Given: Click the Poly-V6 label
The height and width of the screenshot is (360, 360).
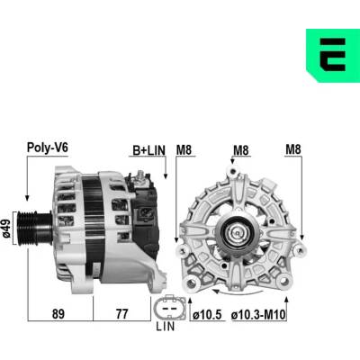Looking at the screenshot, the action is pyautogui.click(x=48, y=148).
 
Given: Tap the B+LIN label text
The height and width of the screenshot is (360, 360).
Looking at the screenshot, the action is pyautogui.click(x=148, y=150).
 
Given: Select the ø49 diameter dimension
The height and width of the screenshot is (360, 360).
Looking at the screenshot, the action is pyautogui.click(x=6, y=228).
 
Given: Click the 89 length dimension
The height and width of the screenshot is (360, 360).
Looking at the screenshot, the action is pyautogui.click(x=58, y=314).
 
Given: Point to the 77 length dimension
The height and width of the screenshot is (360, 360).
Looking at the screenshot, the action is pyautogui.click(x=121, y=314).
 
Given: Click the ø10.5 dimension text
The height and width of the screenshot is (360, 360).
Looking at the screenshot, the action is pyautogui.click(x=207, y=315).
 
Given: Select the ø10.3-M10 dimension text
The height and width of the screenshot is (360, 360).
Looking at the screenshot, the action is pyautogui.click(x=258, y=315).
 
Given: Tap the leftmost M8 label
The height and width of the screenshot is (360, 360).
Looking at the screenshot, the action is pyautogui.click(x=184, y=150).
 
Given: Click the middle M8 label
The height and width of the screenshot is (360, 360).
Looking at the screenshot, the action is pyautogui.click(x=241, y=150).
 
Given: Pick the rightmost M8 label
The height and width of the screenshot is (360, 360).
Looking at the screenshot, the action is pyautogui.click(x=293, y=149).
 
